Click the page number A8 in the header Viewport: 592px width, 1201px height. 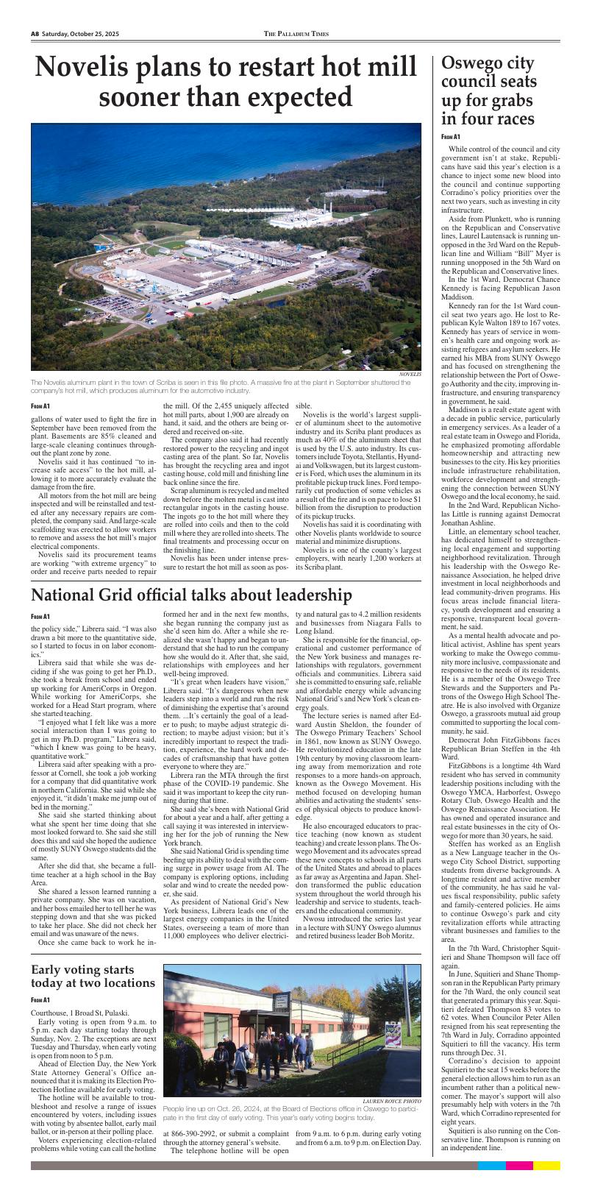pyautogui.click(x=35, y=34)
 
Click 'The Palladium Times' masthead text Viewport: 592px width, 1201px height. pyautogui.click(x=296, y=34)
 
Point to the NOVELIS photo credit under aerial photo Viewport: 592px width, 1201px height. pyautogui.click(x=410, y=375)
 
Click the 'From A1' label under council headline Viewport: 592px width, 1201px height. pyautogui.click(x=451, y=137)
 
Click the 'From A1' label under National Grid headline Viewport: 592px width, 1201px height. pyautogui.click(x=40, y=615)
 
